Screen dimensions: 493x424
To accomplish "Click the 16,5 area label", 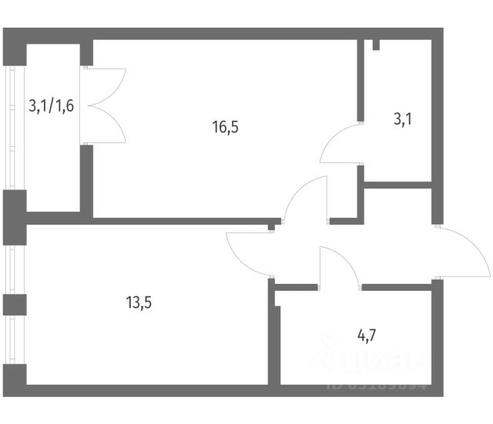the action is (226, 128).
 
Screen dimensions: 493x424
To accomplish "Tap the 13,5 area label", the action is (138, 302).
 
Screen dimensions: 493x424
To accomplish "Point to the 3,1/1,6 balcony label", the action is (51, 105).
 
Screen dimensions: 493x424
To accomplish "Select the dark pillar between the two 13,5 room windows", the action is (14, 304).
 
